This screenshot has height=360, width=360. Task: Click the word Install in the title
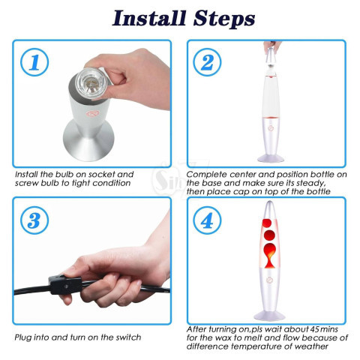pyautogui.click(x=149, y=18)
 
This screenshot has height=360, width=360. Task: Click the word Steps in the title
pyautogui.click(x=224, y=19)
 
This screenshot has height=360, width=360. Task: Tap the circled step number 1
pyautogui.click(x=34, y=62)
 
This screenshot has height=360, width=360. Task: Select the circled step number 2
pyautogui.click(x=207, y=62)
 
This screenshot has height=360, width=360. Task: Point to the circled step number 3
pyautogui.click(x=34, y=220)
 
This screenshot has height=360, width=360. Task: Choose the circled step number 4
pyautogui.click(x=207, y=220)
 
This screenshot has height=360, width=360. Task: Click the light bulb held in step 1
pyautogui.click(x=90, y=82)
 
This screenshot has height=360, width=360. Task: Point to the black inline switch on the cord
pyautogui.click(x=65, y=284)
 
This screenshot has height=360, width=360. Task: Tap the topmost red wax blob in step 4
pyautogui.click(x=267, y=223)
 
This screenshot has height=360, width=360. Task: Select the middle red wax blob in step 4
pyautogui.click(x=269, y=235)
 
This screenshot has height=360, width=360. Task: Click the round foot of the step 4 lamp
pyautogui.click(x=269, y=315)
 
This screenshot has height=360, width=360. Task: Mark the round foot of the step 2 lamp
pyautogui.click(x=271, y=158)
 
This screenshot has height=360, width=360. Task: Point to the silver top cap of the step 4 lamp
pyautogui.click(x=269, y=209)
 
